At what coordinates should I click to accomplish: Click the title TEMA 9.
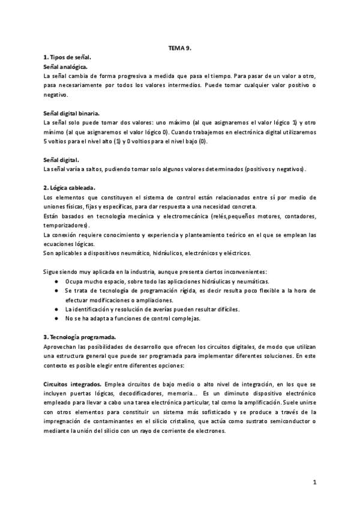tap(179, 46)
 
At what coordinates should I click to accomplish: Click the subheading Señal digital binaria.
tap(72, 112)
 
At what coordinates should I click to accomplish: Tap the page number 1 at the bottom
tap(314, 482)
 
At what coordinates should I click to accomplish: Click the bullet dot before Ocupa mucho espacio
tap(56, 282)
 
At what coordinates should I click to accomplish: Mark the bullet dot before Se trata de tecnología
tap(56, 291)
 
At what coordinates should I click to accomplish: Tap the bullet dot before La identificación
tap(56, 309)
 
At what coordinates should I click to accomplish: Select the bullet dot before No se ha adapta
tap(56, 319)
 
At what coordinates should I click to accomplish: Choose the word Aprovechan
tap(63, 347)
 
